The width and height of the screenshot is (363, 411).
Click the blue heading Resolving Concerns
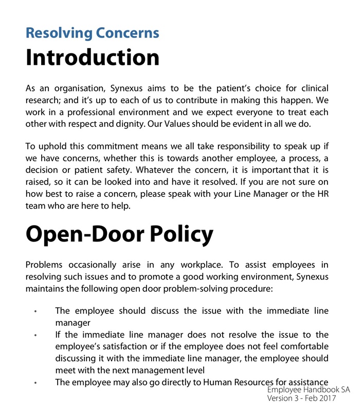point(92,33)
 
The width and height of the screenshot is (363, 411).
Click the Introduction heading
point(93,57)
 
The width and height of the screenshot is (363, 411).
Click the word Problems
point(44,265)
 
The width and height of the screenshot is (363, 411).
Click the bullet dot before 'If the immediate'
point(35,335)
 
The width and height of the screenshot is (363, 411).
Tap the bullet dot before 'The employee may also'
point(35,383)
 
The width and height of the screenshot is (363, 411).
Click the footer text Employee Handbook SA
point(308,390)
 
